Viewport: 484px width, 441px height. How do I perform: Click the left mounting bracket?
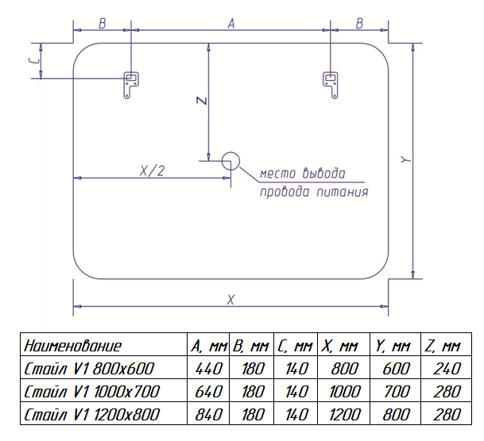[x=130, y=83]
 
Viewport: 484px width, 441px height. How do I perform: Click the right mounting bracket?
[x=331, y=83]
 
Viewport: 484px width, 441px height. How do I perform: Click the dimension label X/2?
[x=152, y=171]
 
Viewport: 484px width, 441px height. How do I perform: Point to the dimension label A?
[x=230, y=24]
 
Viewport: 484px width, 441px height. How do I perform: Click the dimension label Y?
[x=406, y=159]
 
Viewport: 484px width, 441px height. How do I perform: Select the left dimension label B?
[x=102, y=24]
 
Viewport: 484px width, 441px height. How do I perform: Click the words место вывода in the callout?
[x=303, y=174]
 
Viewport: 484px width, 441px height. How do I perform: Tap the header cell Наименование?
[x=73, y=346]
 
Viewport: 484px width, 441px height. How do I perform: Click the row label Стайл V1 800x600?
[x=89, y=368]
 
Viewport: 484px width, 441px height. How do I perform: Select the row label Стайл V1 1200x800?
[x=93, y=414]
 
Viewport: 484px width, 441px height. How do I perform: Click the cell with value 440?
[x=208, y=368]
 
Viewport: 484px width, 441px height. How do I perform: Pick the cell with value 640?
[x=208, y=391]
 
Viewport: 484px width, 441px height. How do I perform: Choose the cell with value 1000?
[x=345, y=391]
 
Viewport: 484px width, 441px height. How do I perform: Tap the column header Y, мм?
[x=393, y=346]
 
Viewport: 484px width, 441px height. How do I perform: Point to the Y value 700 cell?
[x=394, y=391]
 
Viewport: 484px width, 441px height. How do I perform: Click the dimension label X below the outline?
[x=230, y=299]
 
